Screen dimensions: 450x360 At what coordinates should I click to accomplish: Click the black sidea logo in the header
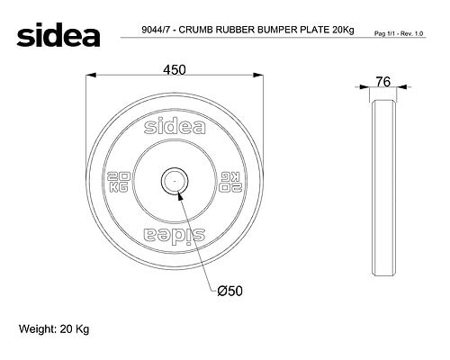point(58,34)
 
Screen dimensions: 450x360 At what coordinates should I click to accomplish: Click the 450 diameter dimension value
point(175,70)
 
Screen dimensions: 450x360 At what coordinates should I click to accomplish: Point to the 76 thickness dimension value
point(383,82)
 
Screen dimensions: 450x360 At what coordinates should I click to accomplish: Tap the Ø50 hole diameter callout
point(229,291)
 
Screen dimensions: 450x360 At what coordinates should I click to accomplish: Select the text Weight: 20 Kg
point(54,329)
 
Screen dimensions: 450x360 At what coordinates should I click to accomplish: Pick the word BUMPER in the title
point(279,30)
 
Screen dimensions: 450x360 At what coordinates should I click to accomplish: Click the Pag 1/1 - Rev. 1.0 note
point(399,33)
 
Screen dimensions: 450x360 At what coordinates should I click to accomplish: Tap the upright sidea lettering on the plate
point(175,127)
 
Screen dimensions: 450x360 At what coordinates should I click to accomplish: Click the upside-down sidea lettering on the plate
point(175,235)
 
